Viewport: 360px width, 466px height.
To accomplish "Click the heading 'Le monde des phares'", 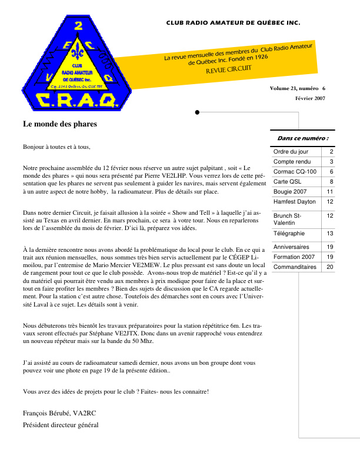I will [60, 124].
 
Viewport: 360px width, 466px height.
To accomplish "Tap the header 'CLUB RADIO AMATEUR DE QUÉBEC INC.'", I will [233, 24].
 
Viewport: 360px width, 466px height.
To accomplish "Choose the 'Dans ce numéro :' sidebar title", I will [302, 138].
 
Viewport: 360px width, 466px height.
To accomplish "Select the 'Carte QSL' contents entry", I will [286, 181].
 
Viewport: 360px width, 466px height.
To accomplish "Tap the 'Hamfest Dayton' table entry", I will [295, 201].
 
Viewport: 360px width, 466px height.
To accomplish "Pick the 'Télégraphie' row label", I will [289, 234].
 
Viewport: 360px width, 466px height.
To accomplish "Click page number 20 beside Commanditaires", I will [330, 267].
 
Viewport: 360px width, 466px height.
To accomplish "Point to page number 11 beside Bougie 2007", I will [330, 191].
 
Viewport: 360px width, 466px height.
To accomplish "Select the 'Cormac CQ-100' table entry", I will [295, 171].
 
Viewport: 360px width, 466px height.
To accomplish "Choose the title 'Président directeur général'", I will [61, 425].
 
